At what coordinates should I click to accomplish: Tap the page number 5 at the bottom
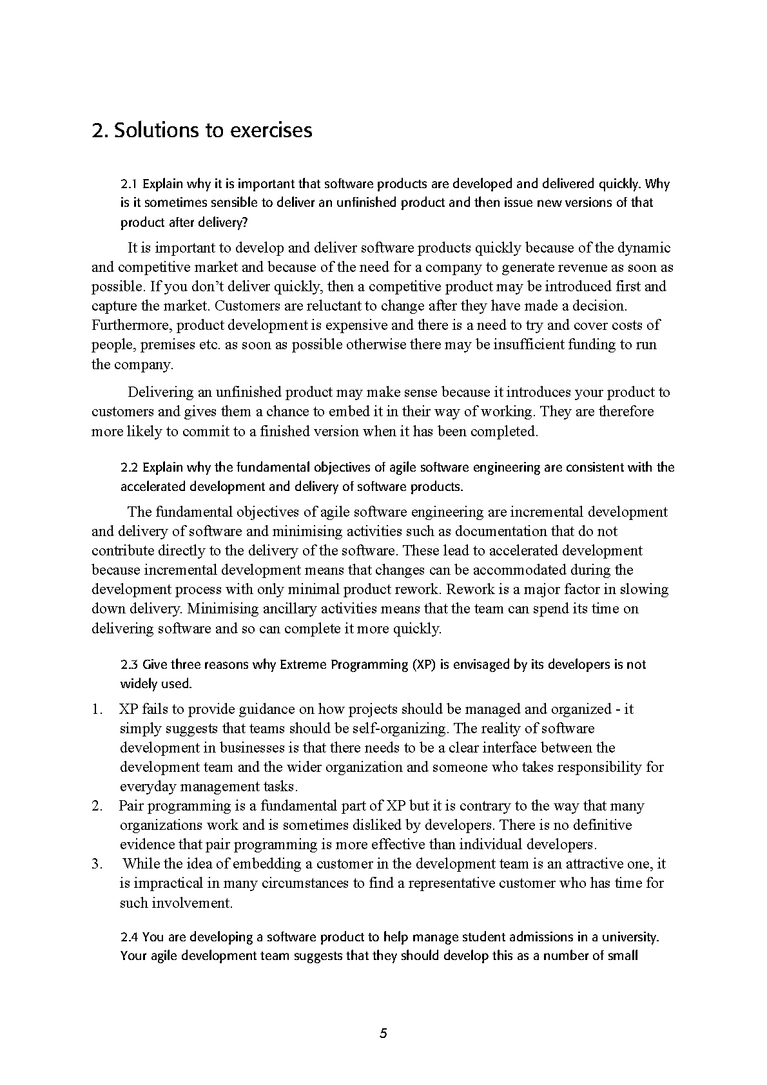(x=383, y=1034)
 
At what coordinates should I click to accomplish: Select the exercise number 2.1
(x=130, y=184)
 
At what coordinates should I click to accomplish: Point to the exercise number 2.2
(x=130, y=467)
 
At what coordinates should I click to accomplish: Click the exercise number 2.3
(x=130, y=664)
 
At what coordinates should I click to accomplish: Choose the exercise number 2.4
(x=130, y=937)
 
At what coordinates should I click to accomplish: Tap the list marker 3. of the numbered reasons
(x=97, y=864)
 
